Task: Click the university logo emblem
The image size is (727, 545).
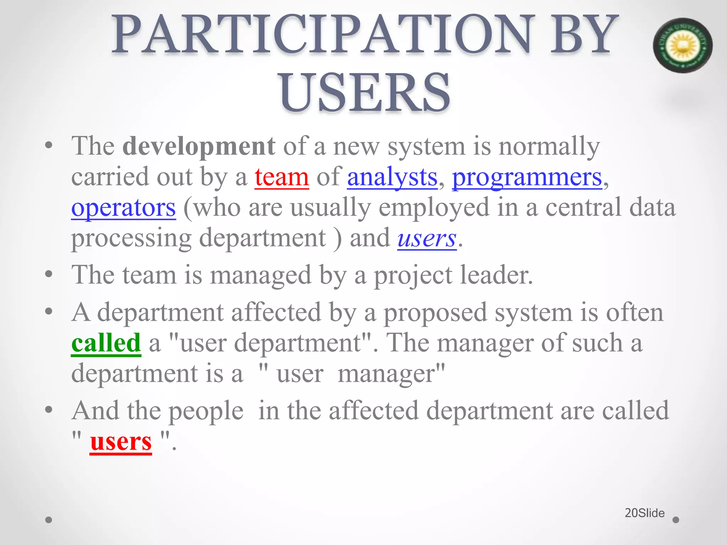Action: (x=682, y=45)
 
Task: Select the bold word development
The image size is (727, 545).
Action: (x=199, y=146)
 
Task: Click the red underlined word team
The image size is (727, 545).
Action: (x=281, y=177)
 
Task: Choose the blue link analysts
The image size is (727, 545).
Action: (x=392, y=177)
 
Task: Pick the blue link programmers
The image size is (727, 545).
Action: (x=527, y=177)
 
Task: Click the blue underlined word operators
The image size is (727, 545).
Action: (x=123, y=207)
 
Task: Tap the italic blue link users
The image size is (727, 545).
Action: (x=427, y=238)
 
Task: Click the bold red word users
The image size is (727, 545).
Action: (x=121, y=442)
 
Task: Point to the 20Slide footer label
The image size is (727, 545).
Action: (x=645, y=513)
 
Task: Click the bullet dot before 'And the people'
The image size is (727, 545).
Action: (x=49, y=410)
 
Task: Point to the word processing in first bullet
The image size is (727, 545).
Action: (x=131, y=238)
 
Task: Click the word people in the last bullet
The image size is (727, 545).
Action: (x=206, y=411)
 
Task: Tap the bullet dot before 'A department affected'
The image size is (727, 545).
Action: (x=49, y=312)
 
